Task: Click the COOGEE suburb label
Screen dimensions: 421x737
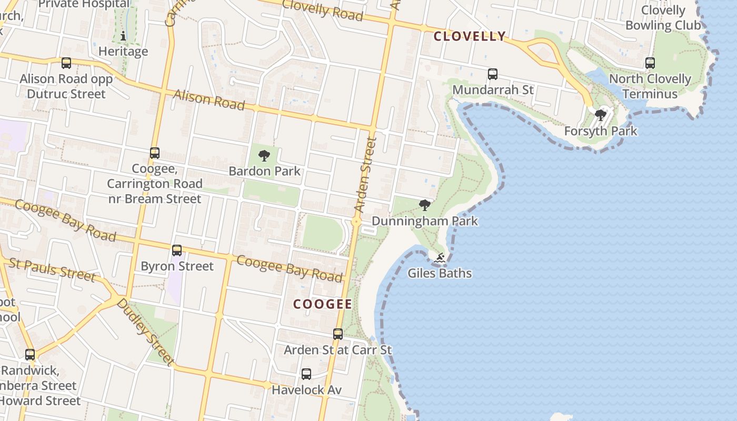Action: click(323, 304)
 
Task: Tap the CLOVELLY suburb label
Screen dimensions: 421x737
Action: click(470, 36)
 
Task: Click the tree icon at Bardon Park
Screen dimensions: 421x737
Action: click(264, 156)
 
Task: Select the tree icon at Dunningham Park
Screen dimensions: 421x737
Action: click(425, 205)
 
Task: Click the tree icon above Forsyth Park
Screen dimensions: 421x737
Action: click(600, 115)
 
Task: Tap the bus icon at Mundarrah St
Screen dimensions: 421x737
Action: click(493, 74)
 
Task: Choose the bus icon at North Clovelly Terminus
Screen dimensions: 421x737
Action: click(650, 63)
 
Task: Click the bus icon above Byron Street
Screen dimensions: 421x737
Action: click(177, 250)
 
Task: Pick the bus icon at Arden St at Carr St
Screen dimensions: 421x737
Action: click(338, 334)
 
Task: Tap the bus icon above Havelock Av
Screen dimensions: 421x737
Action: click(306, 374)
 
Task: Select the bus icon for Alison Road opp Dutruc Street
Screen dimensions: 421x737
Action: click(66, 63)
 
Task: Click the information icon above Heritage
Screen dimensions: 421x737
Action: click(123, 36)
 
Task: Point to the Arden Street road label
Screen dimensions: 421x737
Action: click(365, 175)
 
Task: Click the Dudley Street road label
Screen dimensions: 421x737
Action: click(145, 332)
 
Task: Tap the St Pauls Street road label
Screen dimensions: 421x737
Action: click(52, 269)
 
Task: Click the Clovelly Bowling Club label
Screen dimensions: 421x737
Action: click(663, 18)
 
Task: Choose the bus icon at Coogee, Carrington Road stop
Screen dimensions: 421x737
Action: click(155, 153)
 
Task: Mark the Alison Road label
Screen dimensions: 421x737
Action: click(209, 99)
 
